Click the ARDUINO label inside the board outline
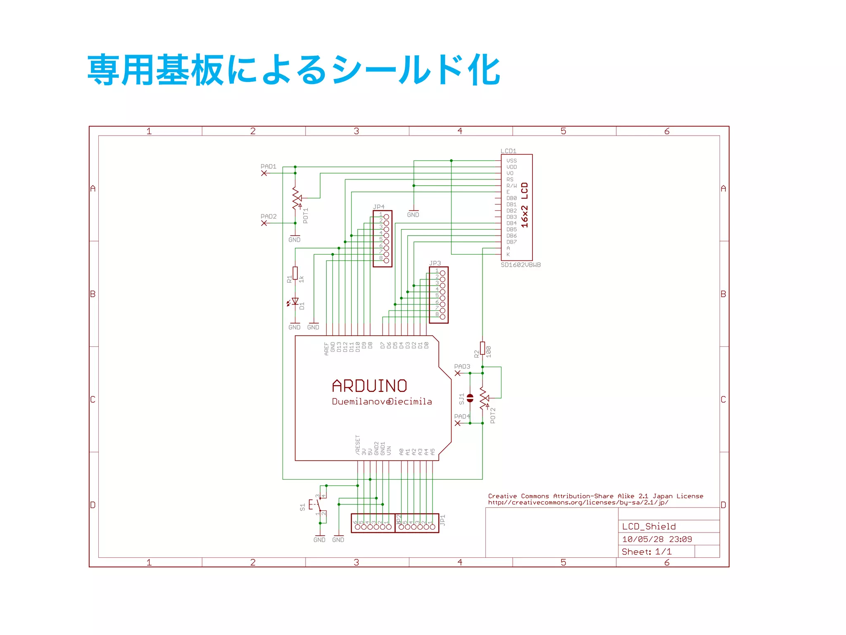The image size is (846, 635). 369,386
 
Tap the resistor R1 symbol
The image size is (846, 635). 295,273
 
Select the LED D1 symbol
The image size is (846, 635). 295,302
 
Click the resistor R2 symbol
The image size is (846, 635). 482,348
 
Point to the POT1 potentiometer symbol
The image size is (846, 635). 296,198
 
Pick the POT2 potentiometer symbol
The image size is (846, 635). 484,399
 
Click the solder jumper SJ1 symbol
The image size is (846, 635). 470,398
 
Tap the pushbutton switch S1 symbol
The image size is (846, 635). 317,505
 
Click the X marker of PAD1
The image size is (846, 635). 264,173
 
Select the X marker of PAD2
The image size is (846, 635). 264,223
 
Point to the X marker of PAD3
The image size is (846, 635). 457,373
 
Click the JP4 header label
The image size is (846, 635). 379,207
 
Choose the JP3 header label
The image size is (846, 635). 435,263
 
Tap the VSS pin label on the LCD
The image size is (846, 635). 511,161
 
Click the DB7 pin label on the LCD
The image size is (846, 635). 511,242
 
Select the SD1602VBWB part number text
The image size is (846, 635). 520,265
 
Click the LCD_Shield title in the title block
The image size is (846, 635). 649,526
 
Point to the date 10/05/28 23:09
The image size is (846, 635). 657,539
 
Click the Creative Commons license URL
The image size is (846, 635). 578,503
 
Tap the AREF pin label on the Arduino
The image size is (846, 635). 326,349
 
